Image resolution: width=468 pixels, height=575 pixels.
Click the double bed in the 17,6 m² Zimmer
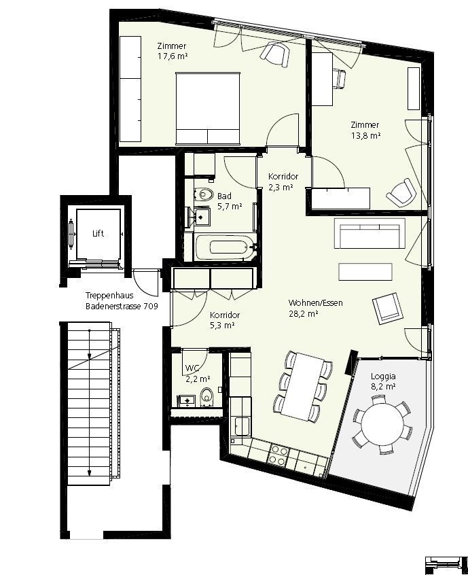tap(208, 108)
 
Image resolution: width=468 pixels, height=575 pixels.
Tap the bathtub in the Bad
tap(225, 247)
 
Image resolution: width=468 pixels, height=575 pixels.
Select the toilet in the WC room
tap(207, 397)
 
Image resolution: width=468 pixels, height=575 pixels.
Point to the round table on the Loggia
tap(382, 425)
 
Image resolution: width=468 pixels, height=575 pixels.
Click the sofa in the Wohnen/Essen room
tap(370, 234)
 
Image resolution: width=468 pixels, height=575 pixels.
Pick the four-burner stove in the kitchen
tap(278, 455)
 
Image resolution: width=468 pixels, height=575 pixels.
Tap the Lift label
tap(98, 234)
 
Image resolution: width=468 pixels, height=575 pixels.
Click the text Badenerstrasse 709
tap(122, 307)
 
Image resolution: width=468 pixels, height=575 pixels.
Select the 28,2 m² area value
tap(303, 314)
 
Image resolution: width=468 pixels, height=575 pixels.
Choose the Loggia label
tap(383, 377)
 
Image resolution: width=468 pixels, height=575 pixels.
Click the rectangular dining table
tap(304, 386)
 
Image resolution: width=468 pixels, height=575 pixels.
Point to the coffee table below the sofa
tap(365, 272)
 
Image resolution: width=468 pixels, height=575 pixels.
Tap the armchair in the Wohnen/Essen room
tap(388, 309)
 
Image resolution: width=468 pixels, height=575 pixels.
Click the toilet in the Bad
tap(203, 194)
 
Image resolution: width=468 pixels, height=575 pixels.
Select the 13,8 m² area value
tap(365, 136)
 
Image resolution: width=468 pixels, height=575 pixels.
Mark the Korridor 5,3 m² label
tap(225, 320)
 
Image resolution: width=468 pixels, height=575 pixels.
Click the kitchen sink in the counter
tap(242, 426)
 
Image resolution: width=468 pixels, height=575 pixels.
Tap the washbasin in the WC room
tap(187, 401)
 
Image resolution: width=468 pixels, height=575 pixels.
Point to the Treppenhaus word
tap(109, 296)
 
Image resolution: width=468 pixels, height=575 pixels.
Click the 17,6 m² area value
tap(173, 56)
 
